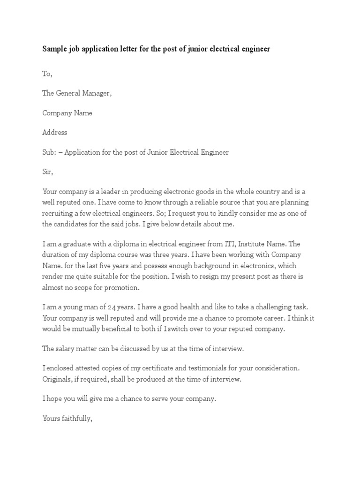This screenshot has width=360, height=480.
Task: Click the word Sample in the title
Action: [55, 49]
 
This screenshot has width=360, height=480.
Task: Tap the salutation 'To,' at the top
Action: [48, 74]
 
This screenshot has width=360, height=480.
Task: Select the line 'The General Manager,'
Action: [77, 93]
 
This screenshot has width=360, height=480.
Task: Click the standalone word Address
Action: [55, 132]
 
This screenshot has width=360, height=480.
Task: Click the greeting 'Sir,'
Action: [48, 172]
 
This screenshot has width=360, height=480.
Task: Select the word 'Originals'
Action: [59, 379]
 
